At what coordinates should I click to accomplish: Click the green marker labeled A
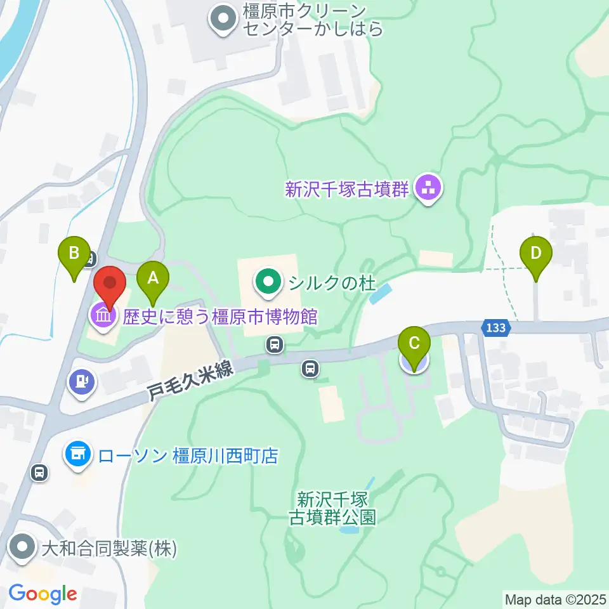coord(152,277)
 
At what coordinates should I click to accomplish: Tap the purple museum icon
coord(102,315)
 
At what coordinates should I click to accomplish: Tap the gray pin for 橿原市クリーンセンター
coord(223,19)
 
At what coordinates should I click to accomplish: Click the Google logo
coord(43,594)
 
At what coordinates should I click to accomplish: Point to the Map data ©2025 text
coord(556,599)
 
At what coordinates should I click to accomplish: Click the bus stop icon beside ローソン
coord(39,472)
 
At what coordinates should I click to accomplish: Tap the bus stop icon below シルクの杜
coord(274,344)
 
